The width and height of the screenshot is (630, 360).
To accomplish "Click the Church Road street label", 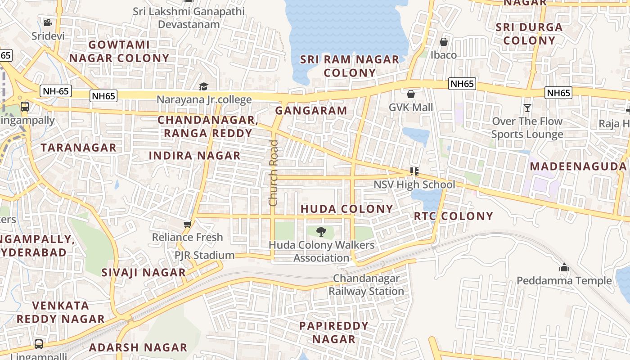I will (273, 173).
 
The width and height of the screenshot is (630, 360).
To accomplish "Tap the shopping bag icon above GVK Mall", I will (410, 94).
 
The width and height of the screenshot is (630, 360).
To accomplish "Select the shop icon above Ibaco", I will (444, 42).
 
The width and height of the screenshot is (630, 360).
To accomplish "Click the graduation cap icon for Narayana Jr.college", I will (204, 86).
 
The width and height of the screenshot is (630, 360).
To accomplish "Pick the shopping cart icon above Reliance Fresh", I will (187, 224).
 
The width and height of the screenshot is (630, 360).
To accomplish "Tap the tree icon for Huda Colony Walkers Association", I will (321, 232).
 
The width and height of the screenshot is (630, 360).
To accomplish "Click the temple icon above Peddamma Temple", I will (564, 268).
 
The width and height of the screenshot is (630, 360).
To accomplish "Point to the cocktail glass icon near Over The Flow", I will (527, 108).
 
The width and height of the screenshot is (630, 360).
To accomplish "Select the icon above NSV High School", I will (414, 171).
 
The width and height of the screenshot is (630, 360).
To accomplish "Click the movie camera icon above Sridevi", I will (48, 22).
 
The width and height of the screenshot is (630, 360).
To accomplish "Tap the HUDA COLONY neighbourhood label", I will (346, 209).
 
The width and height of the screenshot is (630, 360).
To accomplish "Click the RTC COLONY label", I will (454, 216).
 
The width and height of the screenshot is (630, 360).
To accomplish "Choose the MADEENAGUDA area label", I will (578, 166).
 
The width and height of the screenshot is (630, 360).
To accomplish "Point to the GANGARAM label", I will (311, 111).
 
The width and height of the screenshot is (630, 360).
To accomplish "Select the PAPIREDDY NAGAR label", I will (333, 332).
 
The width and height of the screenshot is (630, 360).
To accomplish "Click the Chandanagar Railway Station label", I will (366, 285).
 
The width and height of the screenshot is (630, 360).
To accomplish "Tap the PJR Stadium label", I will (205, 256).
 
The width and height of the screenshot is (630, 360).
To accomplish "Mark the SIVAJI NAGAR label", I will (143, 273).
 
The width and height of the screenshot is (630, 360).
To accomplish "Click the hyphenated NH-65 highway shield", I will (56, 91).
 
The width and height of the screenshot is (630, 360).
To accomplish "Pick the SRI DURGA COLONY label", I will (529, 34).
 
